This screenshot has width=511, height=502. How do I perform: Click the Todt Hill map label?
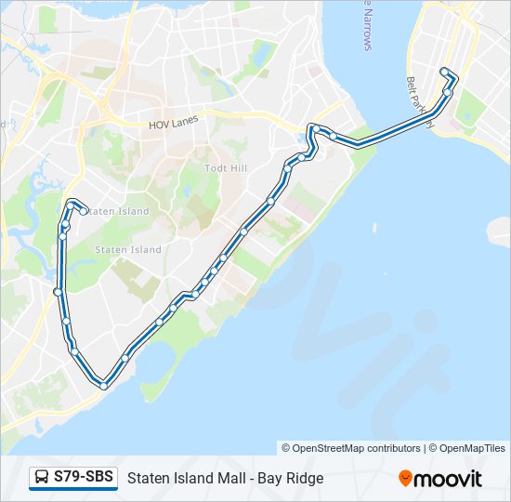[x=221, y=168]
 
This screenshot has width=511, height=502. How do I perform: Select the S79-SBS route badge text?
[x=84, y=478]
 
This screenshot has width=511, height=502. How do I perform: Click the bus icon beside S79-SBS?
[x=42, y=478]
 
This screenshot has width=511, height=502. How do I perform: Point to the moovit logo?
[x=440, y=479]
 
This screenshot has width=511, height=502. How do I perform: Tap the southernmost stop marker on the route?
[x=104, y=385]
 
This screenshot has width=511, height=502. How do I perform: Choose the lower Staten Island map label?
[x=128, y=249]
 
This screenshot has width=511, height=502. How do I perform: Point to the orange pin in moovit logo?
[x=405, y=479]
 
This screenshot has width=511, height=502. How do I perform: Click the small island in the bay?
[x=373, y=228]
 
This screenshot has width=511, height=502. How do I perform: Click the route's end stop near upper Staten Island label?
[x=84, y=211]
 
